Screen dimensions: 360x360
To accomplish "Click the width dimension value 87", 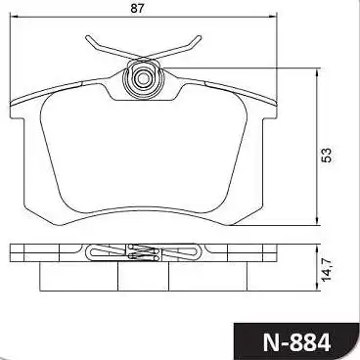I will tap(145, 12).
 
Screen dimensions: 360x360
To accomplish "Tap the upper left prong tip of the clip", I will tap(88, 38).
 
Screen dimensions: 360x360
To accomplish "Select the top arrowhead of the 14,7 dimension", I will tap(318, 244).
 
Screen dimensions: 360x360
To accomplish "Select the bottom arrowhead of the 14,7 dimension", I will tap(318, 289).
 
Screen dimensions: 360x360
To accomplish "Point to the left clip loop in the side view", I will tap(94, 253).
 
